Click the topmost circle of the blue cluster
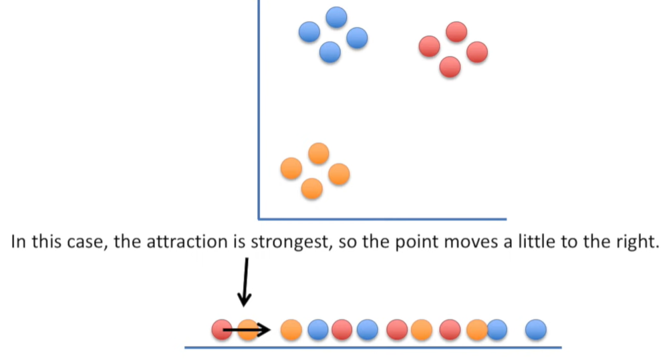pos(336,17)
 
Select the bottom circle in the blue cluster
pos(330,51)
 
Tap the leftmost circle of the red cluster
pos(429,46)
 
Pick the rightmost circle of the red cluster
pos(477,51)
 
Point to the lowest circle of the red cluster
pos(450,66)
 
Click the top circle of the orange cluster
pos(319,154)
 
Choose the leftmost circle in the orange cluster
pos(291,168)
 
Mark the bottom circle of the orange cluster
pos(312,188)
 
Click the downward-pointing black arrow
pos(245,281)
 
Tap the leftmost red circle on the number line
pos(222,329)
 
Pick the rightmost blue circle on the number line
pos(536,329)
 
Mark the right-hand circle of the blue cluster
pos(357,37)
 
